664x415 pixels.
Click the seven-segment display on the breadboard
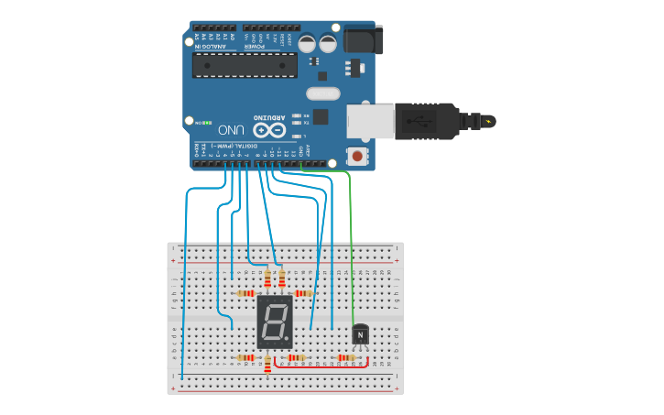[275, 322]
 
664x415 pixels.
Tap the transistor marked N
[360, 335]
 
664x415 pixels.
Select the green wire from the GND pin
[351, 238]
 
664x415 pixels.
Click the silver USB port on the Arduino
[370, 122]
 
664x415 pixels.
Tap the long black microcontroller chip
[245, 65]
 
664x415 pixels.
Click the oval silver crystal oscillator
[322, 93]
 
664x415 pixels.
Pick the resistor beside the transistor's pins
[346, 357]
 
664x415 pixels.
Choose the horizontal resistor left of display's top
[245, 293]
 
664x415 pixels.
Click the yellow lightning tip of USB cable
[491, 121]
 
